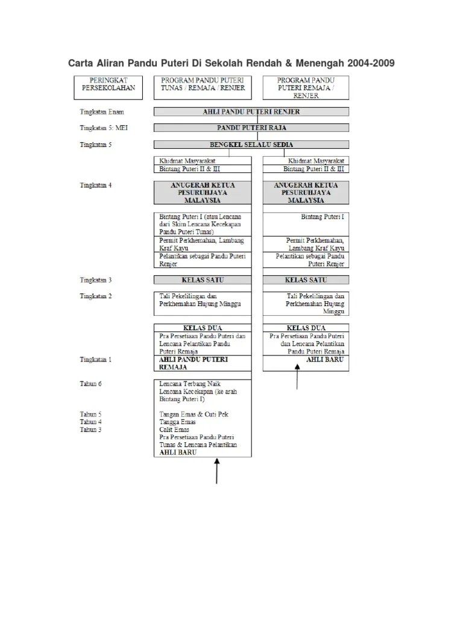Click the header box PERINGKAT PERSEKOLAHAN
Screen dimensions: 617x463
click(x=109, y=87)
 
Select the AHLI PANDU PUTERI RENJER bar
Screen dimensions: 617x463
click(x=251, y=111)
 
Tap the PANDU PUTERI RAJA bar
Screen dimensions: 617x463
click(x=251, y=128)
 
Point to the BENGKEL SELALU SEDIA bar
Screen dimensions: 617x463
click(x=251, y=145)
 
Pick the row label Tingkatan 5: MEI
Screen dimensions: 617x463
click(x=103, y=128)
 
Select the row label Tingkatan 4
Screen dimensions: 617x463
click(x=96, y=185)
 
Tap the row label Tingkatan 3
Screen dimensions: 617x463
click(x=96, y=280)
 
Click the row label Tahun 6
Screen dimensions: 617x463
click(x=90, y=384)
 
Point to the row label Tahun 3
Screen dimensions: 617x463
click(x=90, y=430)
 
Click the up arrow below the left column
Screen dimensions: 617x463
click(x=217, y=470)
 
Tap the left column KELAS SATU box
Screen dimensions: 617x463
click(x=203, y=280)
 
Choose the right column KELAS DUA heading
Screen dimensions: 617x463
click(x=306, y=328)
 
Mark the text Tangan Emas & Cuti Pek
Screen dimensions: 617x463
click(x=194, y=415)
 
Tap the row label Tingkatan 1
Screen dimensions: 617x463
click(x=96, y=359)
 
